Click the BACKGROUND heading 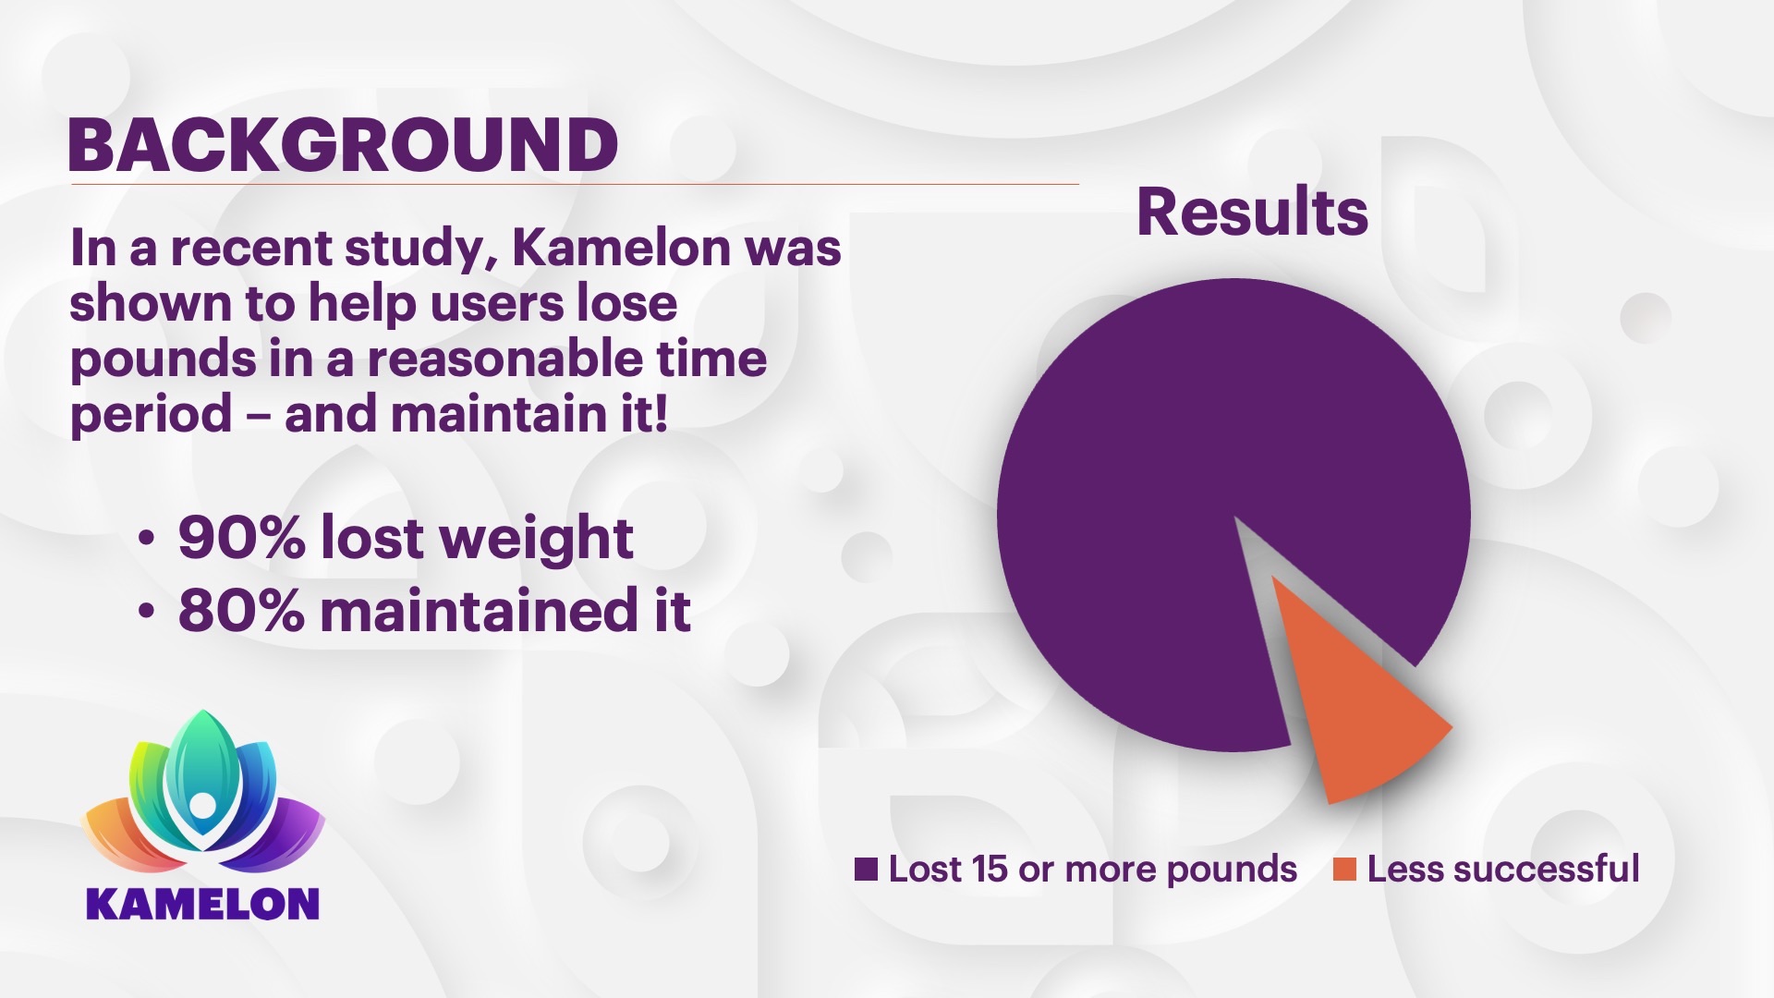343,146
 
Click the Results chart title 1252,212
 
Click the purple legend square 866,869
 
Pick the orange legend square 1344,869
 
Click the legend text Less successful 1503,869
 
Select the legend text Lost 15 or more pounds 1093,870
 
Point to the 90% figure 241,538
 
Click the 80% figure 241,611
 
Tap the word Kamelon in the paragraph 623,248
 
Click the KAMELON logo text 202,904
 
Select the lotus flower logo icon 202,793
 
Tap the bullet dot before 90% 146,538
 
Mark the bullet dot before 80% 146,611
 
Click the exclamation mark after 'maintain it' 659,413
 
